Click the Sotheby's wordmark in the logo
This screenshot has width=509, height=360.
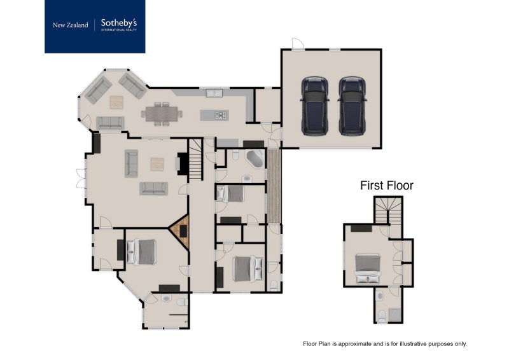(119, 24)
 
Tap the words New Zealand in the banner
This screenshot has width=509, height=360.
(70, 25)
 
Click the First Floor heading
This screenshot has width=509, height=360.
(387, 186)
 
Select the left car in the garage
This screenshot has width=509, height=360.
(314, 106)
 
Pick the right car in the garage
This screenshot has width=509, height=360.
(352, 106)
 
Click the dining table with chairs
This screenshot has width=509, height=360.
(164, 113)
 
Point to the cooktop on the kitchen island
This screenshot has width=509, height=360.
(221, 115)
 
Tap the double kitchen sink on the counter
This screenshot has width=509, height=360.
(213, 93)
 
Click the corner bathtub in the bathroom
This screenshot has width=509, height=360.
(255, 158)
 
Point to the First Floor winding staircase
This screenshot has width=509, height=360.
(387, 211)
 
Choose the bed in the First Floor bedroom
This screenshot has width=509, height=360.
(367, 268)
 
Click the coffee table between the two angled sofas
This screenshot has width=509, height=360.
(116, 101)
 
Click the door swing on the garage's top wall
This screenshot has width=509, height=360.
(298, 43)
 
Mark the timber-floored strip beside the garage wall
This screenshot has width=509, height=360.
(274, 185)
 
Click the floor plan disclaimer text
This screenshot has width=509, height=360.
(385, 343)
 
